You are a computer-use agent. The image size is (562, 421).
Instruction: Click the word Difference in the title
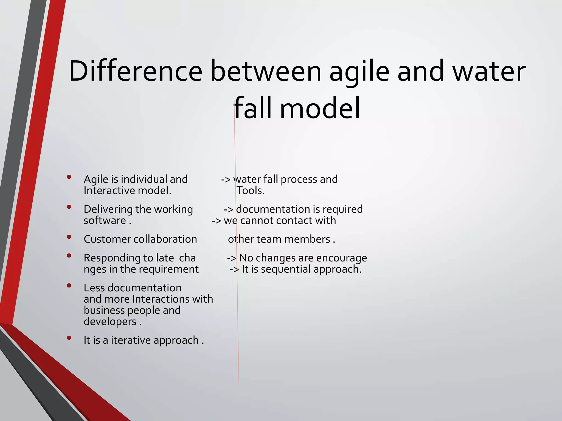tap(136, 71)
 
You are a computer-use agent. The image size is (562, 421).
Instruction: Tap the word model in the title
tap(320, 109)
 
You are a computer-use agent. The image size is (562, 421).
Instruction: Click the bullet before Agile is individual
tap(69, 177)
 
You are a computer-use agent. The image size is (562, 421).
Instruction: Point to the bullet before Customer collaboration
tap(69, 237)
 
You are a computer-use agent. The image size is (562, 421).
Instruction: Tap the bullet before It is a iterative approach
tap(69, 338)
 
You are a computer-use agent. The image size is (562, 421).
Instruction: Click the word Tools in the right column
tap(249, 190)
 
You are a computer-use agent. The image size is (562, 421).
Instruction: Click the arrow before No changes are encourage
tap(232, 258)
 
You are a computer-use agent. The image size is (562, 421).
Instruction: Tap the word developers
tap(110, 322)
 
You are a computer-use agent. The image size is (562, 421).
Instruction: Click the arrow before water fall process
tap(226, 180)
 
